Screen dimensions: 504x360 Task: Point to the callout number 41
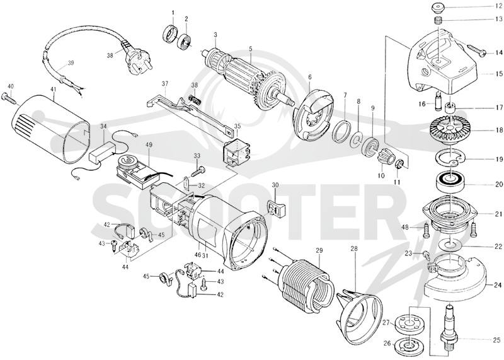[x=53, y=86]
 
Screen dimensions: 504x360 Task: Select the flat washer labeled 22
[x=450, y=244]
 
